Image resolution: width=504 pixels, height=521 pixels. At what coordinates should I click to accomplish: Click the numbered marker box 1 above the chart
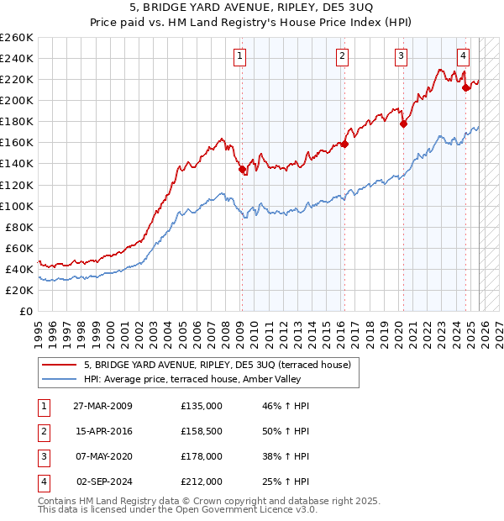(240, 56)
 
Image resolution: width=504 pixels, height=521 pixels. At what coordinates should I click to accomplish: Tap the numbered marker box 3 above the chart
(402, 56)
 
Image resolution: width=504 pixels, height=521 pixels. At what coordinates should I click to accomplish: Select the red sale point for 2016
(344, 144)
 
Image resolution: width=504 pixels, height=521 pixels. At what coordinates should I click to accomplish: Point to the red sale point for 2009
(242, 169)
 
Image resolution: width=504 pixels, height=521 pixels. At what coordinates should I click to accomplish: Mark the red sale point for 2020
(403, 124)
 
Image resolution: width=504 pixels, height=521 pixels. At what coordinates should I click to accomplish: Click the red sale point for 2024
(466, 87)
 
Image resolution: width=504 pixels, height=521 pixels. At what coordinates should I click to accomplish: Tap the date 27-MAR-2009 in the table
(102, 406)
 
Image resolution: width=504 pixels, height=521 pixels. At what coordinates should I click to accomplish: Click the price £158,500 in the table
(202, 431)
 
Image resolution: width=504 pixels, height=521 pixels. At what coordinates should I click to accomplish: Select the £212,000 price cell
(202, 482)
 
